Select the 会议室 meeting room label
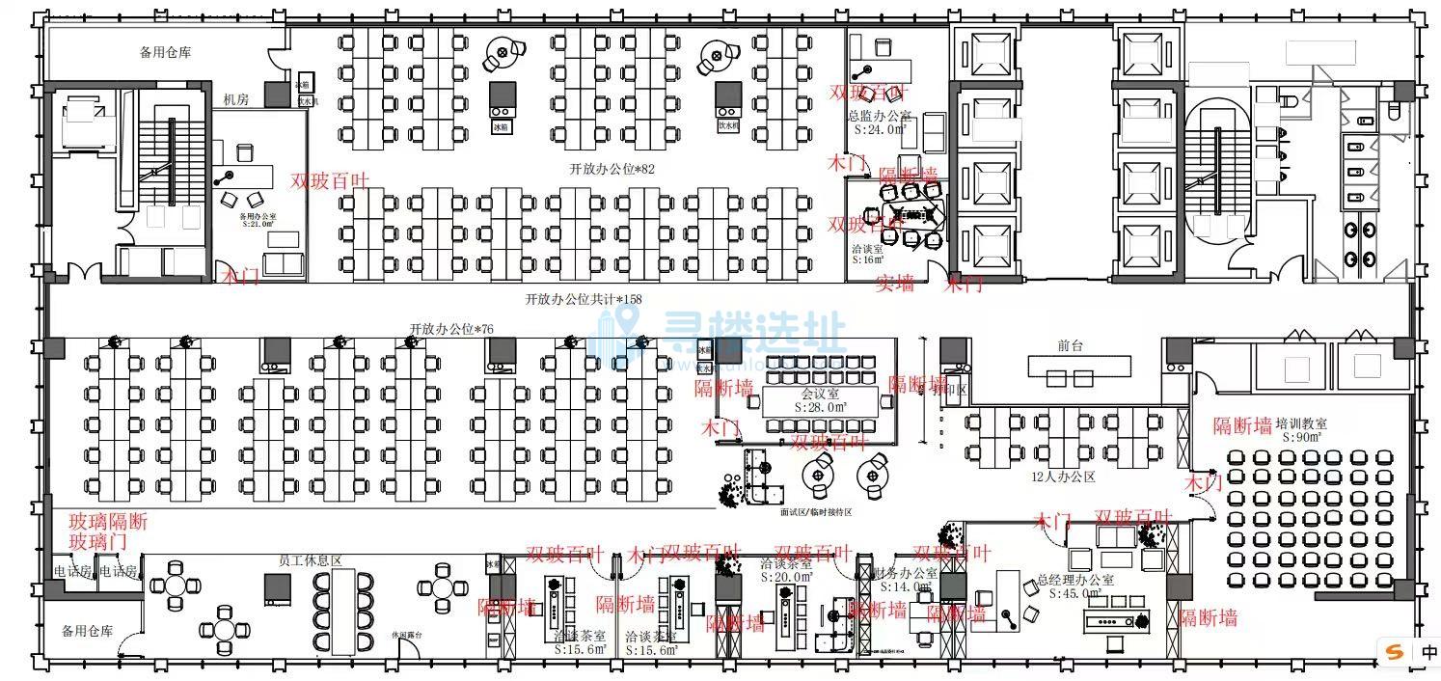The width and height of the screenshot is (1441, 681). click(x=819, y=395)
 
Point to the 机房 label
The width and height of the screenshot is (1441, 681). click(x=235, y=98)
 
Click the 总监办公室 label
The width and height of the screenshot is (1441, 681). click(x=879, y=116)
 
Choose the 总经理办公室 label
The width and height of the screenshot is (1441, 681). click(x=1075, y=581)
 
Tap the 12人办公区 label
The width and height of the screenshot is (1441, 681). click(x=1063, y=477)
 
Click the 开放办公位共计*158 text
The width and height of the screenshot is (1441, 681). click(x=583, y=299)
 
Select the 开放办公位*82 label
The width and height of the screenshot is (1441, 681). click(x=612, y=168)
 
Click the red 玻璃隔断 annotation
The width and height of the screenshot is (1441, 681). click(x=108, y=522)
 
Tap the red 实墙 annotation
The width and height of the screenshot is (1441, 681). click(x=894, y=284)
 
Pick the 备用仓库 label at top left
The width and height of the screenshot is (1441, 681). click(x=165, y=52)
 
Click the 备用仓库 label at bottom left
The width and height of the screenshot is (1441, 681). click(x=87, y=632)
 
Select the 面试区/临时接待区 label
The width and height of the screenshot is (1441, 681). click(x=816, y=512)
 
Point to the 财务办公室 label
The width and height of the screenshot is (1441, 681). click(x=903, y=573)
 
